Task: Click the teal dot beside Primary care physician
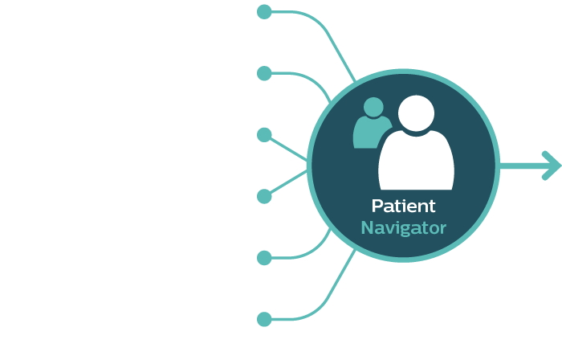pyautogui.click(x=264, y=13)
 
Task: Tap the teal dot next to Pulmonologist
pyautogui.click(x=264, y=74)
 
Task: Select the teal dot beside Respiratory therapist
pyautogui.click(x=264, y=135)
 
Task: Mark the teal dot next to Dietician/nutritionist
pyautogui.click(x=264, y=196)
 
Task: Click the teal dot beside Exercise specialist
pyautogui.click(x=264, y=257)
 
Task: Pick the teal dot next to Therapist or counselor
pyautogui.click(x=264, y=319)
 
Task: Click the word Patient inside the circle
pyautogui.click(x=403, y=206)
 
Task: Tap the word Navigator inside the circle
pyautogui.click(x=403, y=227)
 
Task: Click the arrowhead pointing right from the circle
pyautogui.click(x=550, y=166)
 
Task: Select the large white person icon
pyautogui.click(x=416, y=157)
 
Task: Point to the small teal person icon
pyautogui.click(x=370, y=125)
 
